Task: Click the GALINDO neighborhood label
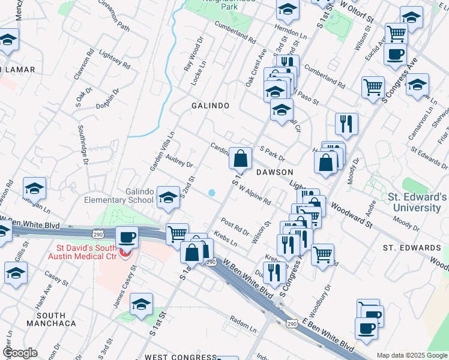[x=210, y=106]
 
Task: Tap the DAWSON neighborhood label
[x=274, y=172]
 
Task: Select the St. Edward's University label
[x=418, y=202]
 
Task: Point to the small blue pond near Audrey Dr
[x=211, y=193]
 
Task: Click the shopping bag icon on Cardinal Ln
[x=240, y=159]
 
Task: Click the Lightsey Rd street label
[x=113, y=58]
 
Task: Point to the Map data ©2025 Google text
[x=411, y=355]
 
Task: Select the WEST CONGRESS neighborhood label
[x=173, y=357]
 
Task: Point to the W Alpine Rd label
[x=255, y=194]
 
